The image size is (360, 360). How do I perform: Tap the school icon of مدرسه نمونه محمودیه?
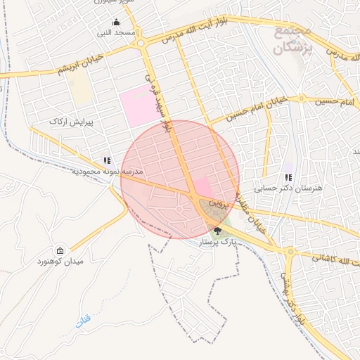pos(107,160)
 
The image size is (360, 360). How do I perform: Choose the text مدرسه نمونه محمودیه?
pos(104,172)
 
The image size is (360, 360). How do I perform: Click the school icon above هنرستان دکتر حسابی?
pos(288,177)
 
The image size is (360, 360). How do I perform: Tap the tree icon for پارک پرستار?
pos(217,231)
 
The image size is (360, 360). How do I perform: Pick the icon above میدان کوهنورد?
pos(60,250)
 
